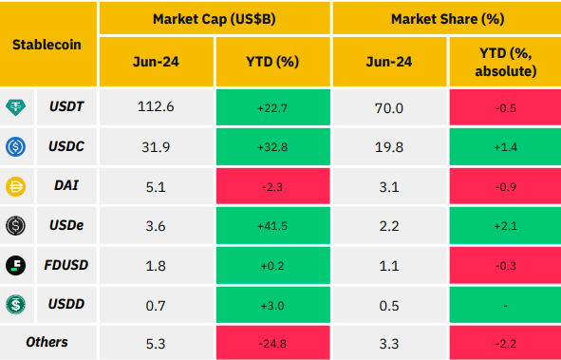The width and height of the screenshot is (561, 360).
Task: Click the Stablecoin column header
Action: (x=47, y=45)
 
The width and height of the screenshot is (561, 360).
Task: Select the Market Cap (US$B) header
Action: (x=215, y=19)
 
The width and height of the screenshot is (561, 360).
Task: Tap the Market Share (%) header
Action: (x=448, y=19)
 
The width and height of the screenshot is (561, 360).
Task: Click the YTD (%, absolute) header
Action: (x=506, y=63)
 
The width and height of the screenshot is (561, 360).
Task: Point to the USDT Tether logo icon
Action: (x=16, y=107)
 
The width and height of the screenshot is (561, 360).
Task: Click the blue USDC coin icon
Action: (x=16, y=146)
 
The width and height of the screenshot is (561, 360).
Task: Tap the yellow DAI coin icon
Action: (x=16, y=186)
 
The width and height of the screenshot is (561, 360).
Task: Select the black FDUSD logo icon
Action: (x=16, y=266)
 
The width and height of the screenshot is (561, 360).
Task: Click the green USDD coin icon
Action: (x=16, y=305)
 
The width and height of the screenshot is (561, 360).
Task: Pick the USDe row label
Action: (x=66, y=225)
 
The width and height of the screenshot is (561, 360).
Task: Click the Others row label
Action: (x=47, y=342)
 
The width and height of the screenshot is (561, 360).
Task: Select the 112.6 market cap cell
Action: (x=156, y=106)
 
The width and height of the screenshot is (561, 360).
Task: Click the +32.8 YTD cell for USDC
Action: (x=272, y=147)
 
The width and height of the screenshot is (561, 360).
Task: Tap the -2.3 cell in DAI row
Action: (x=272, y=187)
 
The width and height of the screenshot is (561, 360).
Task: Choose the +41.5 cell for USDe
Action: (x=272, y=226)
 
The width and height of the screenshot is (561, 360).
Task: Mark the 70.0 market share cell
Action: (x=389, y=108)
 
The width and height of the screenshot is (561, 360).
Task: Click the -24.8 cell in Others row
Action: (x=272, y=344)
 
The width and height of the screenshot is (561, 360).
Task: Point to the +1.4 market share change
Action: (x=506, y=147)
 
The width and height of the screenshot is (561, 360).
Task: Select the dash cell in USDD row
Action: (x=506, y=306)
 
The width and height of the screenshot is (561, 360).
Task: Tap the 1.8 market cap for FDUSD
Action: (x=156, y=266)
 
